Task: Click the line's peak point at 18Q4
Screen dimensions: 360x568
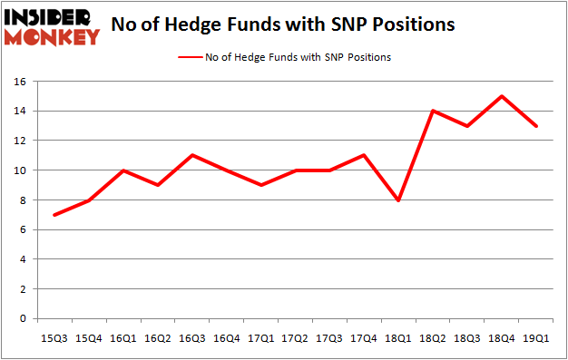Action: click(502, 96)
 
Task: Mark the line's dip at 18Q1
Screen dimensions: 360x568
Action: click(398, 199)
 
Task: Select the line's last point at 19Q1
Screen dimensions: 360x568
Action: click(535, 126)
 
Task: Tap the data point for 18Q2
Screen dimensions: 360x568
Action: click(433, 111)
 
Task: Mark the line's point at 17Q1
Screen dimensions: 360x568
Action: click(261, 185)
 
